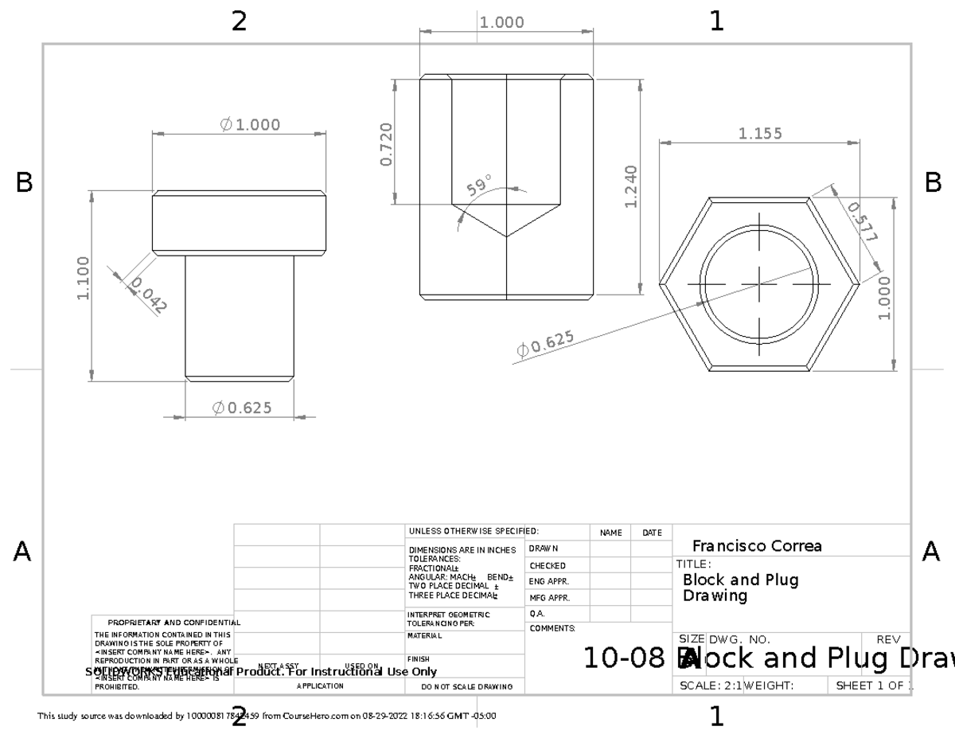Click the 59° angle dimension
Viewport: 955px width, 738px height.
480,187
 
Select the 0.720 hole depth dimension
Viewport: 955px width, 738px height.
387,144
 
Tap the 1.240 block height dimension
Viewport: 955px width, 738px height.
630,185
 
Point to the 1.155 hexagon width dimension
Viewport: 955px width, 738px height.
760,134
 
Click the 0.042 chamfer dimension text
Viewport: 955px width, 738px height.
146,296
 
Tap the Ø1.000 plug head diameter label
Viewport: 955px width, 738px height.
250,125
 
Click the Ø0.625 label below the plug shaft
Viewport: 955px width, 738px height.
242,408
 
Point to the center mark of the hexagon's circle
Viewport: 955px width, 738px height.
760,283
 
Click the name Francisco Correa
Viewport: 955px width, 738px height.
757,546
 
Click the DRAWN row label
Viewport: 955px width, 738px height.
544,549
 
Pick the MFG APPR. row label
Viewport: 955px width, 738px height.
548,597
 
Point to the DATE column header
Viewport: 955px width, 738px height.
651,533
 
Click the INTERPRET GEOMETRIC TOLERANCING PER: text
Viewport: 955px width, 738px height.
450,618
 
